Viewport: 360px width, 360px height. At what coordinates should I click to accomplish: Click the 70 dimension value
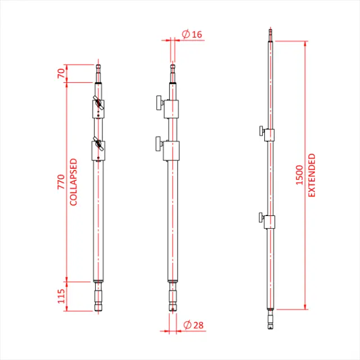61,73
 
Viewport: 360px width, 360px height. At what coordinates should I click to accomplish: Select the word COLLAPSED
73,182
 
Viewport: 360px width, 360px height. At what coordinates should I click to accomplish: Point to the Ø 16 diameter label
192,35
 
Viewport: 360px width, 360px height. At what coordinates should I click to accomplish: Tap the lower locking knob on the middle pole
157,144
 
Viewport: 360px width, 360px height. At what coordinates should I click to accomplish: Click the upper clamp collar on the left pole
98,107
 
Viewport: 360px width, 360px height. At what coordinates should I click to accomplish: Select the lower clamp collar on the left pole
98,150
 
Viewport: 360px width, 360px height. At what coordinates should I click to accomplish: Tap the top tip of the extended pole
271,34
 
